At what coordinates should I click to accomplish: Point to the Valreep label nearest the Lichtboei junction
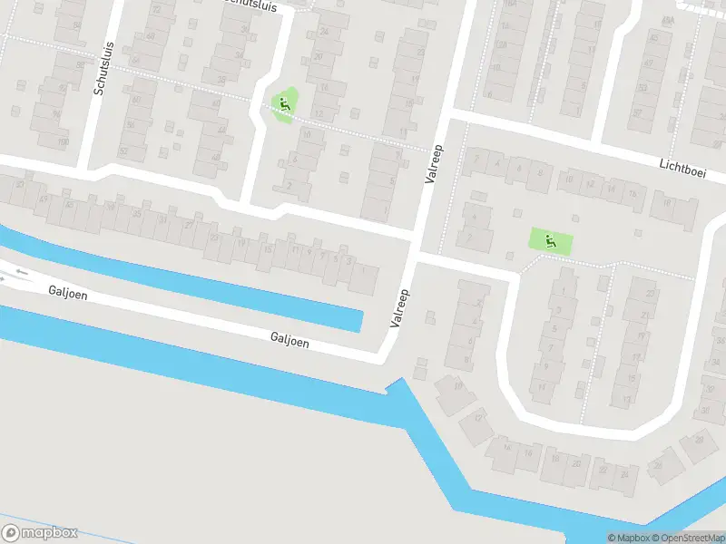click(x=434, y=164)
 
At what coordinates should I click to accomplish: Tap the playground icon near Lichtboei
click(x=551, y=241)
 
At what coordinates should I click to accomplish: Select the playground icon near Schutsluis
click(x=285, y=105)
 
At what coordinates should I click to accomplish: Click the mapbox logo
click(x=40, y=532)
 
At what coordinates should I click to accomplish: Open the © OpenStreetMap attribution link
click(x=687, y=538)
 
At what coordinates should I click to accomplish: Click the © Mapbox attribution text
click(x=630, y=538)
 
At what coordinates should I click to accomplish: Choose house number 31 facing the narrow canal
click(x=162, y=219)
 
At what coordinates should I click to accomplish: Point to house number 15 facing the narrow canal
click(x=267, y=249)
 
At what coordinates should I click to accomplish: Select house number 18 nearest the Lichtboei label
click(x=667, y=203)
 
